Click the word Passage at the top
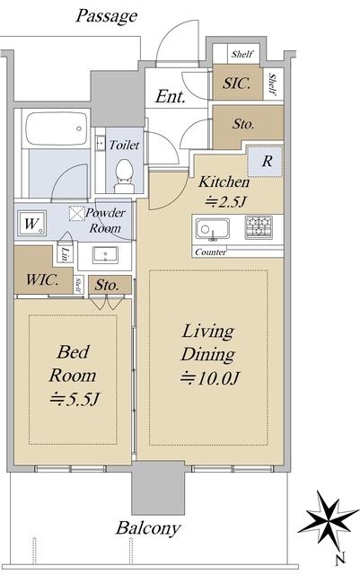click(107, 17)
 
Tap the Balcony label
click(148, 528)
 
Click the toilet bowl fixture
click(124, 176)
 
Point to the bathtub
click(56, 128)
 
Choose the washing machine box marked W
click(31, 223)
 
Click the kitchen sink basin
click(212, 229)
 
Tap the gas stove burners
click(259, 227)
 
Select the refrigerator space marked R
click(266, 162)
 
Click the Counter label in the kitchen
click(211, 252)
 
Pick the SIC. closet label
click(237, 84)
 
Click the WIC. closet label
click(42, 280)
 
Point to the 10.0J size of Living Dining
click(210, 378)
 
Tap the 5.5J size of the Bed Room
click(75, 399)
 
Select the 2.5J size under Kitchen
click(224, 201)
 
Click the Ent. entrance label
click(170, 97)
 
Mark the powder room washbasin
click(105, 255)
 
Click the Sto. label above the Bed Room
click(107, 286)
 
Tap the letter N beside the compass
click(340, 559)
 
